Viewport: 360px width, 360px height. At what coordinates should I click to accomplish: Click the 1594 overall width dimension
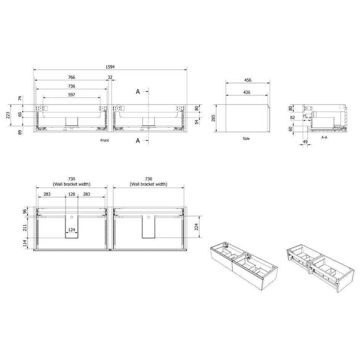point(110,67)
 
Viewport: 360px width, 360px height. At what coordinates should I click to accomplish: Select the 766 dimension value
point(72,77)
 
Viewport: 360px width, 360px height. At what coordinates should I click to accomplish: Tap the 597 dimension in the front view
point(72,95)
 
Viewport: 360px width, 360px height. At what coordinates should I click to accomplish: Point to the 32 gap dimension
point(110,77)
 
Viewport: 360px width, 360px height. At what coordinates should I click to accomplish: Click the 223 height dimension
point(8,115)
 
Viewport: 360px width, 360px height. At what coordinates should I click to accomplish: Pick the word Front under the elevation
point(105,140)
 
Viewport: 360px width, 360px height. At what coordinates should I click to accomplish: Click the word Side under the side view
point(246,139)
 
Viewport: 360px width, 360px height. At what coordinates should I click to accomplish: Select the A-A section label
point(324,137)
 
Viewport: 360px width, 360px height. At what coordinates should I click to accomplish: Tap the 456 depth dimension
point(248,80)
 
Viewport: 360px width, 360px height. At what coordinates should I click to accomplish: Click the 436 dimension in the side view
point(247,92)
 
